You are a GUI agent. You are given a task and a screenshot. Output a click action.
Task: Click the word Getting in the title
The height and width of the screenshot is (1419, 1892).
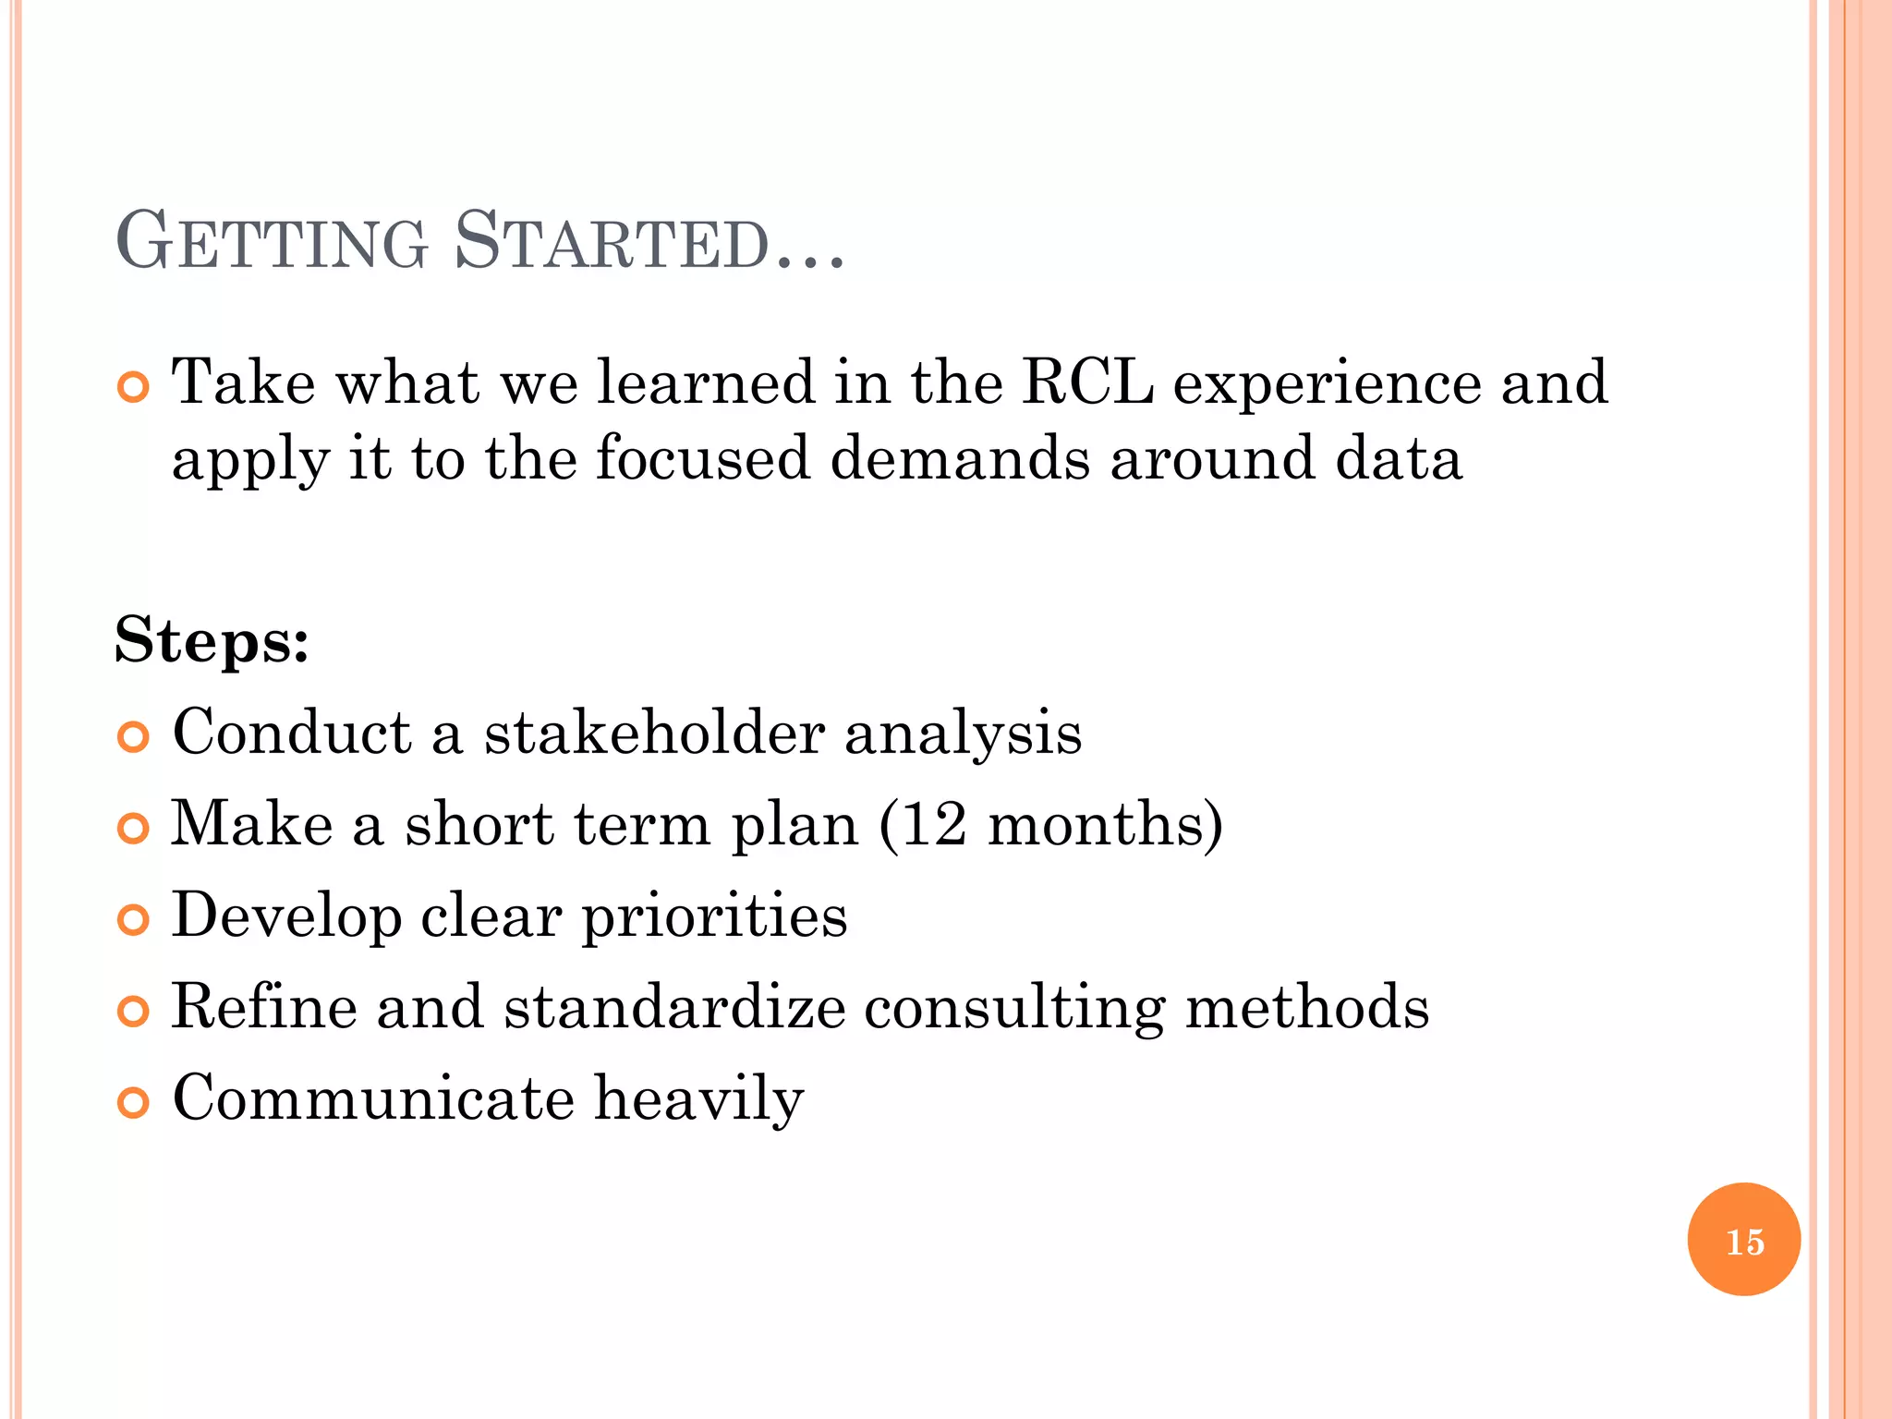click(272, 242)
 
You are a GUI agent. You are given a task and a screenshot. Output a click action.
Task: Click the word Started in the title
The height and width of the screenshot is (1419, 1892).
click(612, 242)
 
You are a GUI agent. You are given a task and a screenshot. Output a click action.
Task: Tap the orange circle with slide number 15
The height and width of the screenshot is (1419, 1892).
click(1743, 1239)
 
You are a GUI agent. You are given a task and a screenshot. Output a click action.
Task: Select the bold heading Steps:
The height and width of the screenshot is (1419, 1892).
click(212, 639)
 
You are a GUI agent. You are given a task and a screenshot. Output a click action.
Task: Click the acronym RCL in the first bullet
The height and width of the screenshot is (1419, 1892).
click(1087, 382)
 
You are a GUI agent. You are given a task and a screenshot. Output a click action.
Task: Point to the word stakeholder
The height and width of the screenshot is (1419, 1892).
click(654, 733)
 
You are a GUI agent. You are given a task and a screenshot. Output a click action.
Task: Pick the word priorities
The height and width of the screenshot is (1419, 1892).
click(714, 916)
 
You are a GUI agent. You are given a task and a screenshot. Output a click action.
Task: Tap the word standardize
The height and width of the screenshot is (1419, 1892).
click(674, 1006)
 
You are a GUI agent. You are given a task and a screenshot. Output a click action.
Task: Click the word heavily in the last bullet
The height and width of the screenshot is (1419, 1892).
click(698, 1098)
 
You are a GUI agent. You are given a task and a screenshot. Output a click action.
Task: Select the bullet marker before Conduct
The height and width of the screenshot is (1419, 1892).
click(134, 737)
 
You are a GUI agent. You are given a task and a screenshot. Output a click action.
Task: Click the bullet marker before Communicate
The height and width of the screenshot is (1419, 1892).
click(134, 1103)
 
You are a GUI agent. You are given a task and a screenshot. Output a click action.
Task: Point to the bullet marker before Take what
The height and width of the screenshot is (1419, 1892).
click(134, 388)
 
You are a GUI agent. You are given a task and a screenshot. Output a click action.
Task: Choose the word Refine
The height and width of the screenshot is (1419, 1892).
click(263, 1006)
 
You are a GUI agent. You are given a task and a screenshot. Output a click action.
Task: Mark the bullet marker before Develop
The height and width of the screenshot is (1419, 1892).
click(134, 920)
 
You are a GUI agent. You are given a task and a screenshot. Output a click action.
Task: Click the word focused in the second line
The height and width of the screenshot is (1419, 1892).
click(702, 458)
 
